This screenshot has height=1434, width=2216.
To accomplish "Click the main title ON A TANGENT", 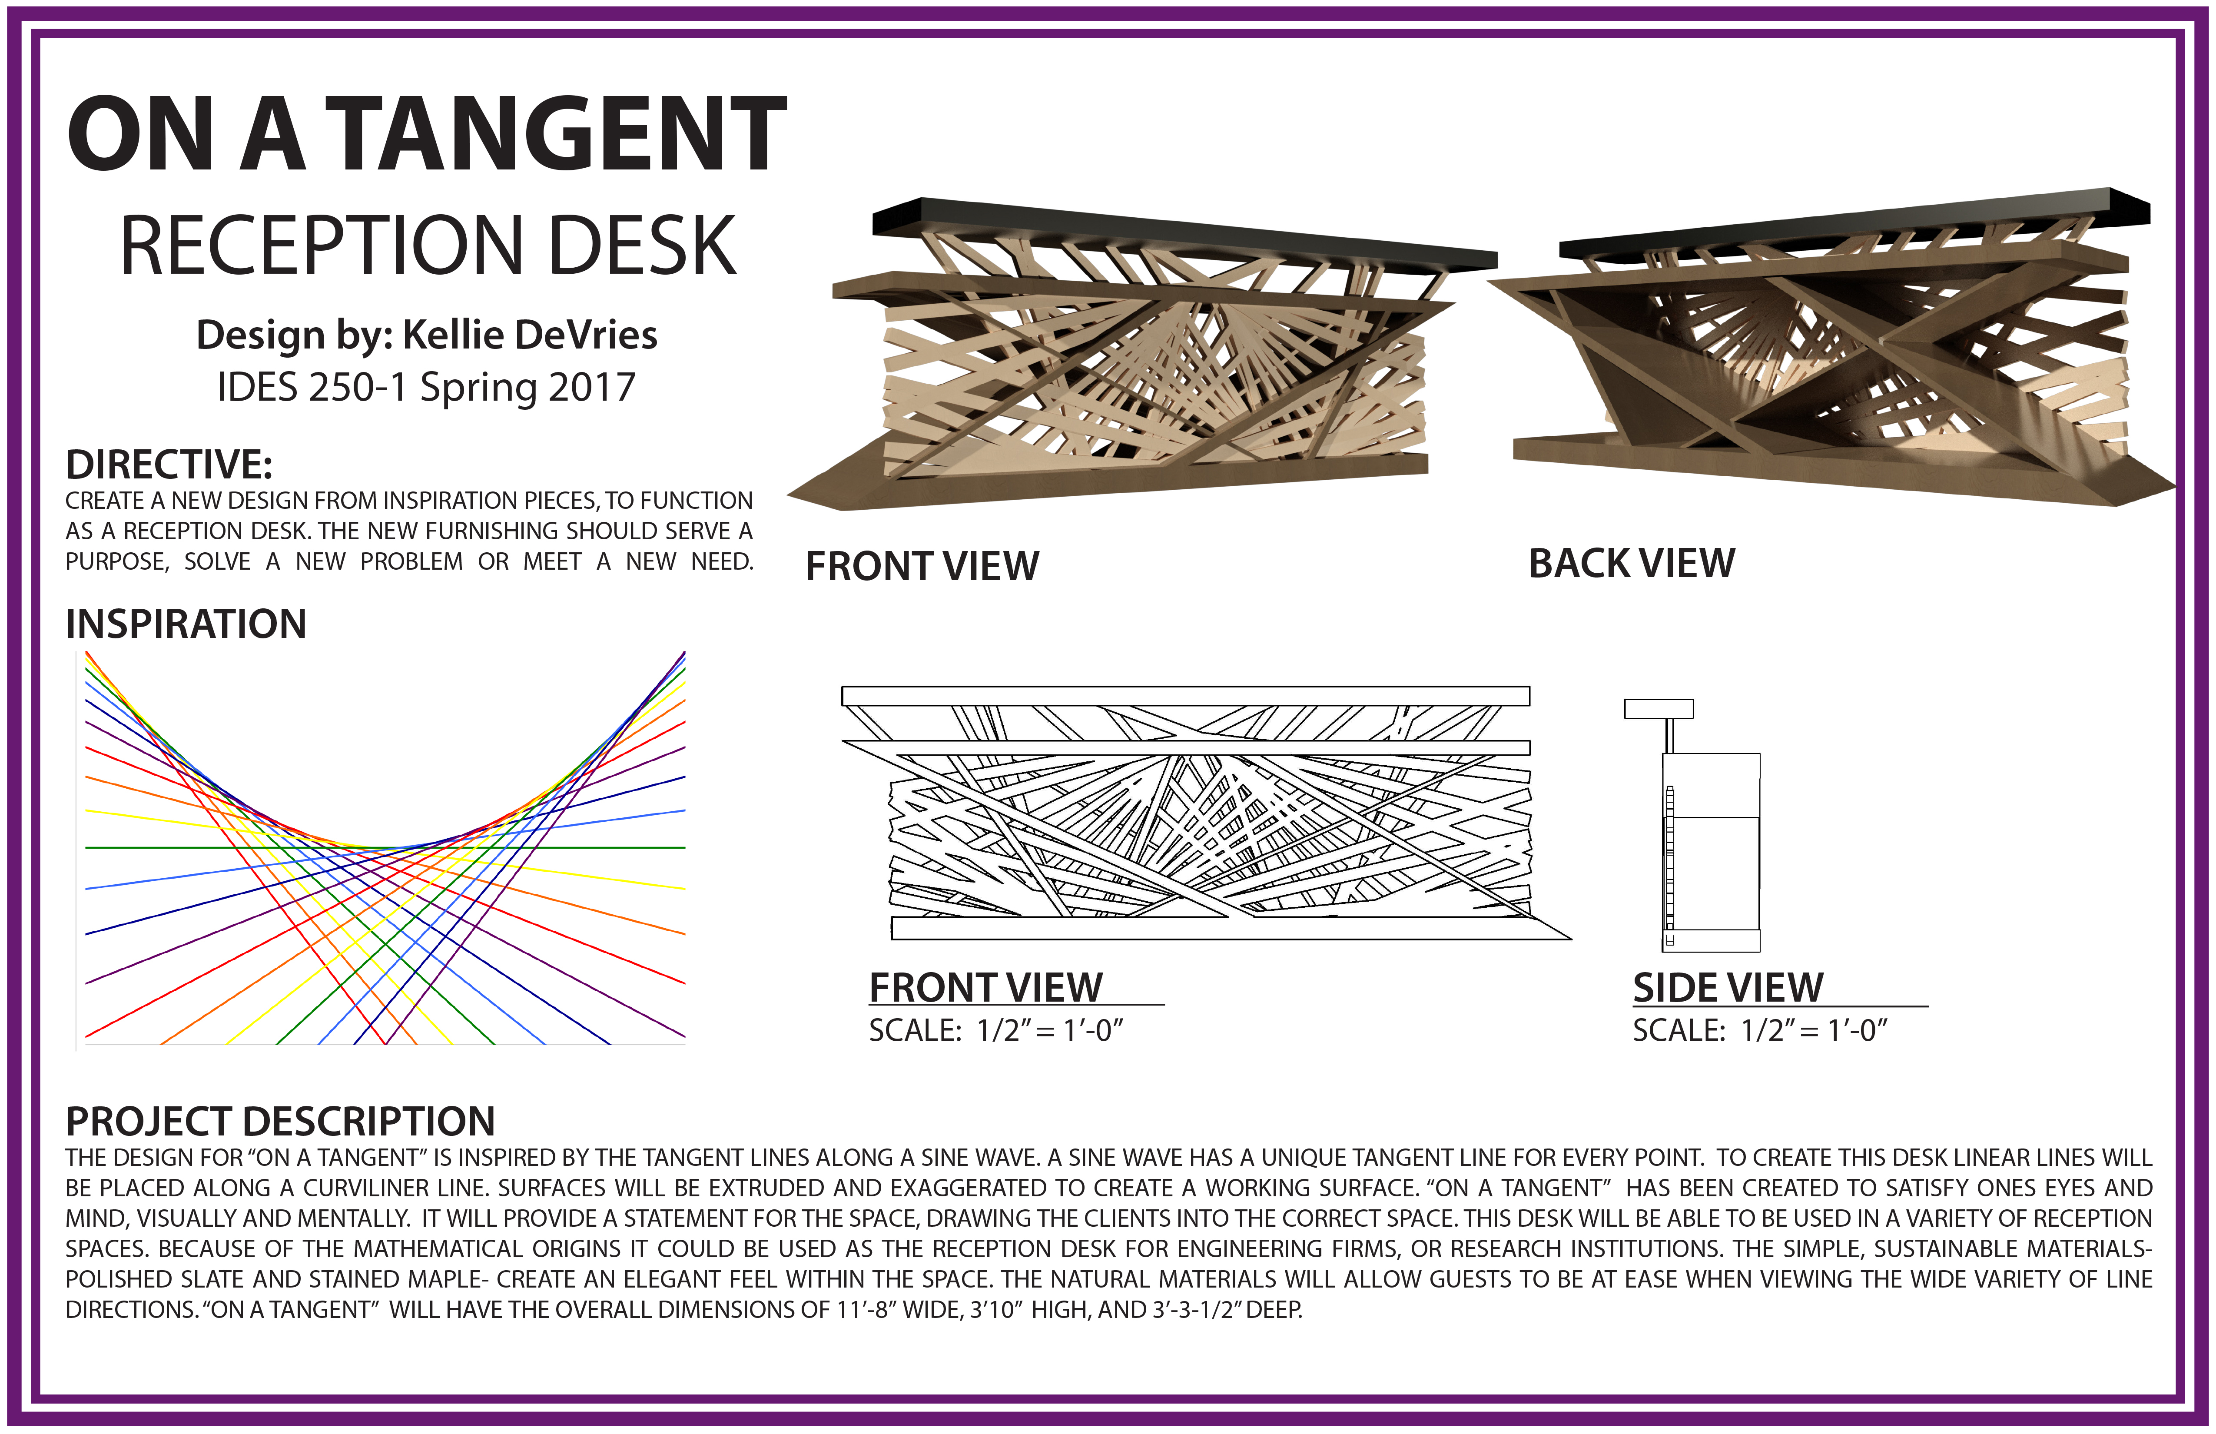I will coord(426,135).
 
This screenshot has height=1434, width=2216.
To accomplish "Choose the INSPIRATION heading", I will coord(185,624).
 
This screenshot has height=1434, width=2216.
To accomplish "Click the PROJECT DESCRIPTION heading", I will coord(279,1122).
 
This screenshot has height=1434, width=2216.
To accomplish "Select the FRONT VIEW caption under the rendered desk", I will coord(922,566).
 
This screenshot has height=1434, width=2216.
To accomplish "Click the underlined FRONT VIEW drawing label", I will coord(985,988).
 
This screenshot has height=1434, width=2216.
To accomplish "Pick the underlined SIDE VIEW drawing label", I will coord(1727,988).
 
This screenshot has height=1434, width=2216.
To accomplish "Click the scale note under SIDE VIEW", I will coord(1760,1031).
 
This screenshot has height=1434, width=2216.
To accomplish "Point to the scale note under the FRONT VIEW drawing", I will coord(996,1031).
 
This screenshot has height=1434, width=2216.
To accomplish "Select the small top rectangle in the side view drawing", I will coord(1658,709).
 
